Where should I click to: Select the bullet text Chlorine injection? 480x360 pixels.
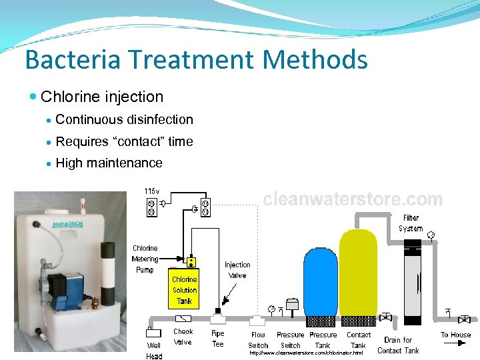(x=102, y=97)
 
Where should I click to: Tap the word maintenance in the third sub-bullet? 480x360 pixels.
(x=129, y=163)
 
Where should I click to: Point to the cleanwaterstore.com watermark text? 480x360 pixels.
(x=353, y=199)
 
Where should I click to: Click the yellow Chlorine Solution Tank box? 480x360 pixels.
(x=185, y=287)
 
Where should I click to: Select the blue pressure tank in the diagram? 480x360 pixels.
(x=321, y=280)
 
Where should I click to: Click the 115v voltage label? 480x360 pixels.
(x=152, y=192)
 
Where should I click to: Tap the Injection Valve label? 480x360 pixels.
(x=237, y=270)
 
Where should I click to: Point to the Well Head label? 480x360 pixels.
(x=154, y=351)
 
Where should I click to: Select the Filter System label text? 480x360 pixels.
(x=411, y=223)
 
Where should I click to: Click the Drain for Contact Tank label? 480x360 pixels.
(x=398, y=345)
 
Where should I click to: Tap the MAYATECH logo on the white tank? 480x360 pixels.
(x=67, y=225)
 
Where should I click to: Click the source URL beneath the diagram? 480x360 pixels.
(x=306, y=353)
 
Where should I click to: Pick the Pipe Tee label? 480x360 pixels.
(x=218, y=339)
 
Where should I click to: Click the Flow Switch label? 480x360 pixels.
(x=258, y=340)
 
